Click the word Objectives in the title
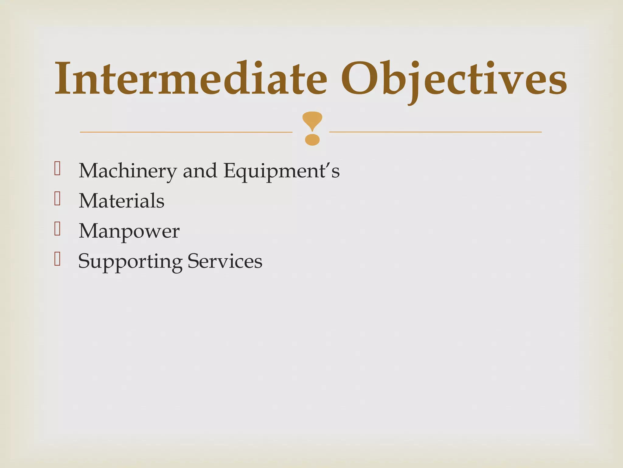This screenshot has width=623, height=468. [453, 78]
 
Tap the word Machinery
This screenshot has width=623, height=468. [127, 171]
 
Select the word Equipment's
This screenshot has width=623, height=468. [281, 171]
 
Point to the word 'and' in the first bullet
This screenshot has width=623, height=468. [200, 171]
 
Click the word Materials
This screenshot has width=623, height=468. [121, 201]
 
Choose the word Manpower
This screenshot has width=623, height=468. [129, 231]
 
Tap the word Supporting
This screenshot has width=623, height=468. [130, 262]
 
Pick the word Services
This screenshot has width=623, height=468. [225, 261]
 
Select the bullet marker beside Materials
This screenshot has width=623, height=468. [57, 199]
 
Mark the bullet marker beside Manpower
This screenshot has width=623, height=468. [57, 229]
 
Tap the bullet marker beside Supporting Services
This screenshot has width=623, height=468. [57, 259]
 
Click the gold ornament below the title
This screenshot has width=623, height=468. [312, 128]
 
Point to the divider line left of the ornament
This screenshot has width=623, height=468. [186, 132]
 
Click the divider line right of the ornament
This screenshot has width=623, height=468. [435, 132]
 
